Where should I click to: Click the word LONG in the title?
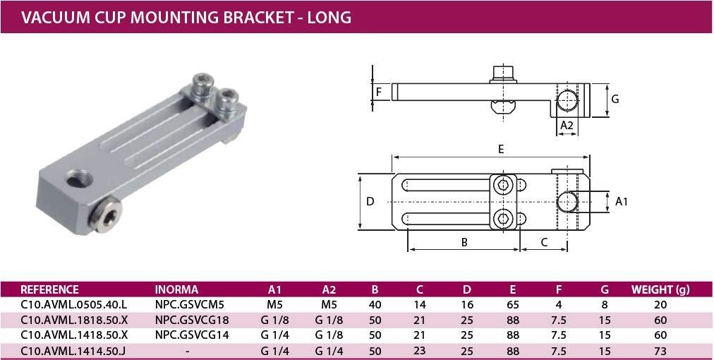click(329, 18)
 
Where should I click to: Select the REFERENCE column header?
click(49, 290)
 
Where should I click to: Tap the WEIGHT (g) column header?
click(660, 290)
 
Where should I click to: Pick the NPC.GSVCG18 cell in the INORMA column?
click(192, 320)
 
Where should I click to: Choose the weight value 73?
click(660, 352)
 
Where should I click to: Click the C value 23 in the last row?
click(419, 351)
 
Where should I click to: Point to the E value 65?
click(513, 305)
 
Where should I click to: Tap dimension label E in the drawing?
click(501, 150)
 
